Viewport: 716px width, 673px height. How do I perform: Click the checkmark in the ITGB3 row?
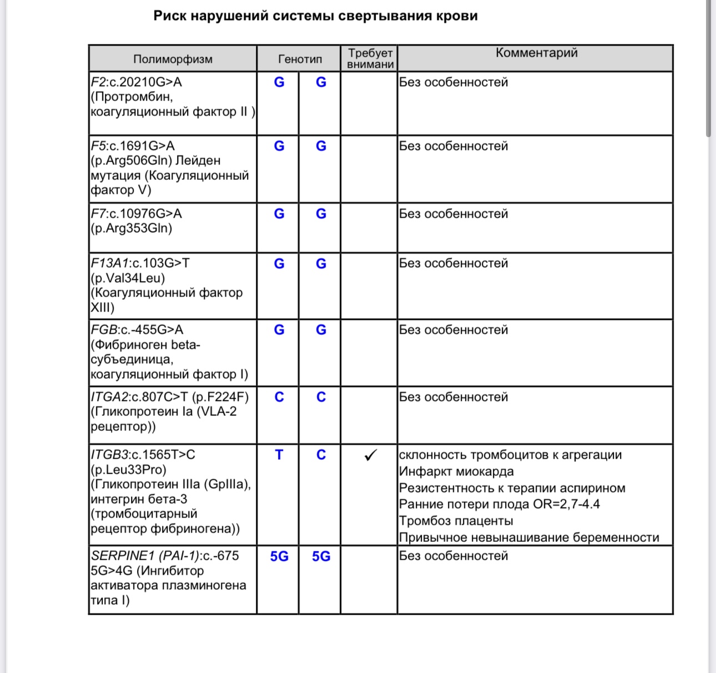pos(370,455)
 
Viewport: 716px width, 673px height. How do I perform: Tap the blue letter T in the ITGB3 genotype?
pos(279,455)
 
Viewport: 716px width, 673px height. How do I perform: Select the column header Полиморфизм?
pos(173,59)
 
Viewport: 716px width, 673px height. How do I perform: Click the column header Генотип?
pos(300,59)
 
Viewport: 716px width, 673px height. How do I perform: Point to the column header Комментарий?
pos(536,53)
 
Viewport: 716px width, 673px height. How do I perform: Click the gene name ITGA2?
pos(109,397)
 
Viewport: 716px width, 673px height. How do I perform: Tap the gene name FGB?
pos(104,330)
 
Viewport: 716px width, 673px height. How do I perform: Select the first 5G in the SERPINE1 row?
pos(279,556)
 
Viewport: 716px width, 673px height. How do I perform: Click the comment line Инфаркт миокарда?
pos(456,471)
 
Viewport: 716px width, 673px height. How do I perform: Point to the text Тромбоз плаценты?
pos(456,521)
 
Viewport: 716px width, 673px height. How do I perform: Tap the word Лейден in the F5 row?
pos(198,160)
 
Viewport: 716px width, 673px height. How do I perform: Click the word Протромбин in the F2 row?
pos(133,97)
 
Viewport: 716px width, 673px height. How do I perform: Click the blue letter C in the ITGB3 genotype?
pos(321,455)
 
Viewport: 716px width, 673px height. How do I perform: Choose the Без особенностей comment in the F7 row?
pos(453,214)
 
